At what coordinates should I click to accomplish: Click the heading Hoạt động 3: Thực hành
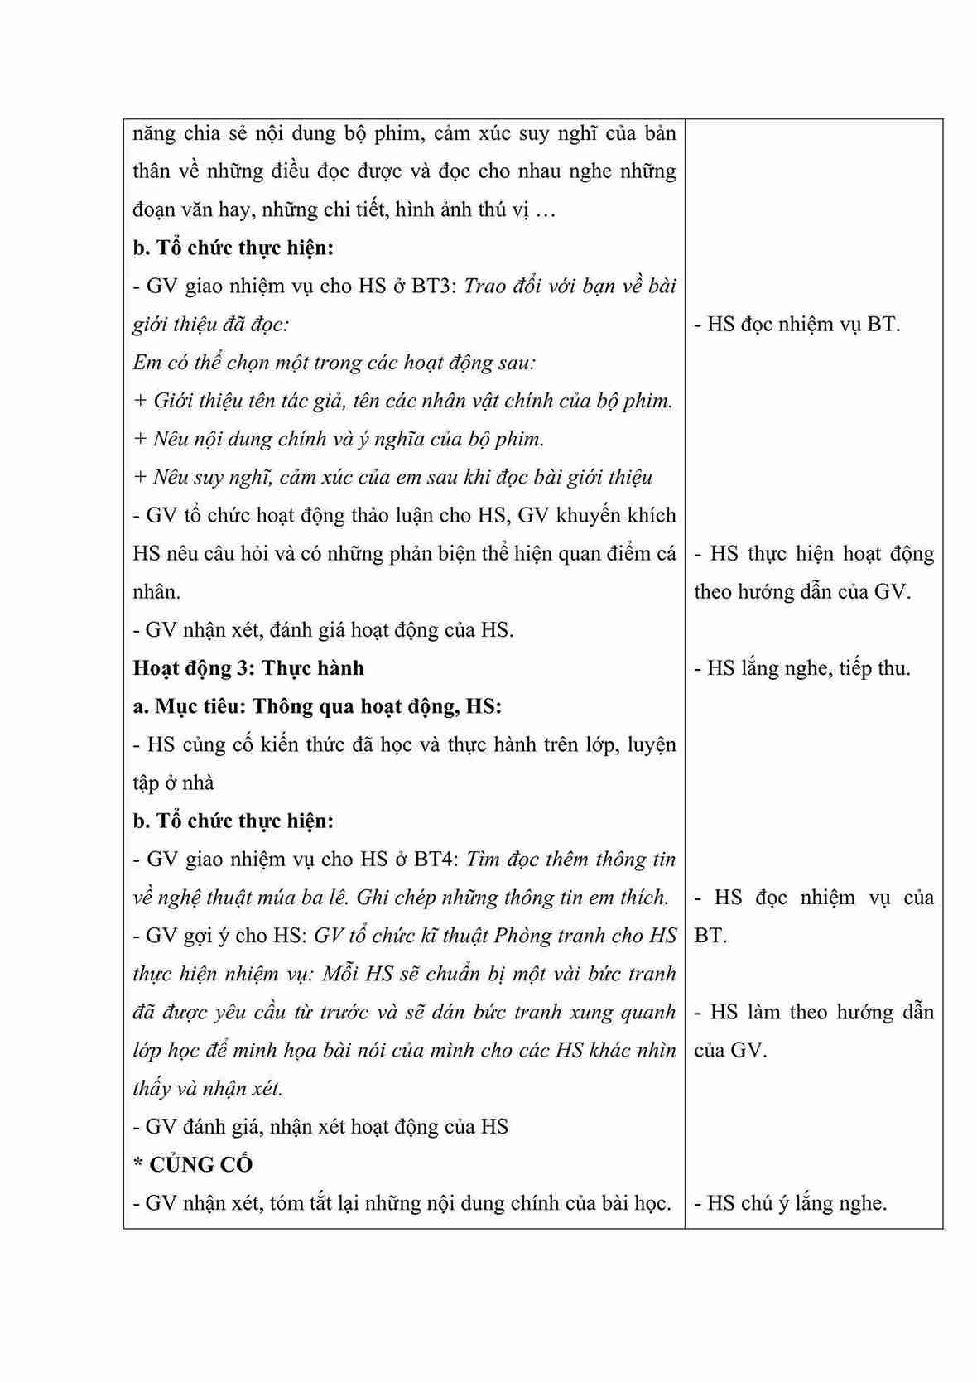pyautogui.click(x=248, y=668)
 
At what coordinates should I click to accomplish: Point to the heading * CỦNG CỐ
pyautogui.click(x=193, y=1165)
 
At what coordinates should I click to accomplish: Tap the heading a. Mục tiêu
pyautogui.click(x=189, y=706)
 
